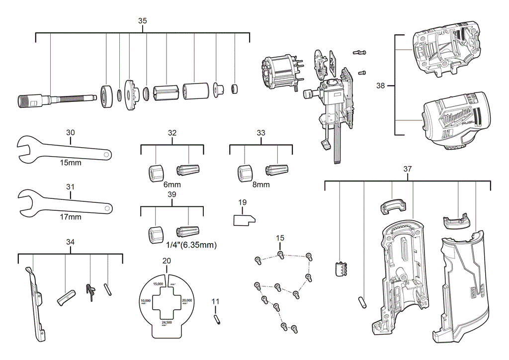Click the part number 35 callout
[x=143, y=21]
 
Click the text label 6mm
[x=172, y=184]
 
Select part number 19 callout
[x=243, y=202]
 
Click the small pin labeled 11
[x=217, y=319]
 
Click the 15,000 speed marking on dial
[x=159, y=283]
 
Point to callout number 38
[x=381, y=86]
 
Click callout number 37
[x=408, y=169]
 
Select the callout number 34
[x=70, y=242]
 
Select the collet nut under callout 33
[x=245, y=173]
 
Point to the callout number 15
[x=280, y=238]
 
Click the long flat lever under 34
[x=35, y=303]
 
